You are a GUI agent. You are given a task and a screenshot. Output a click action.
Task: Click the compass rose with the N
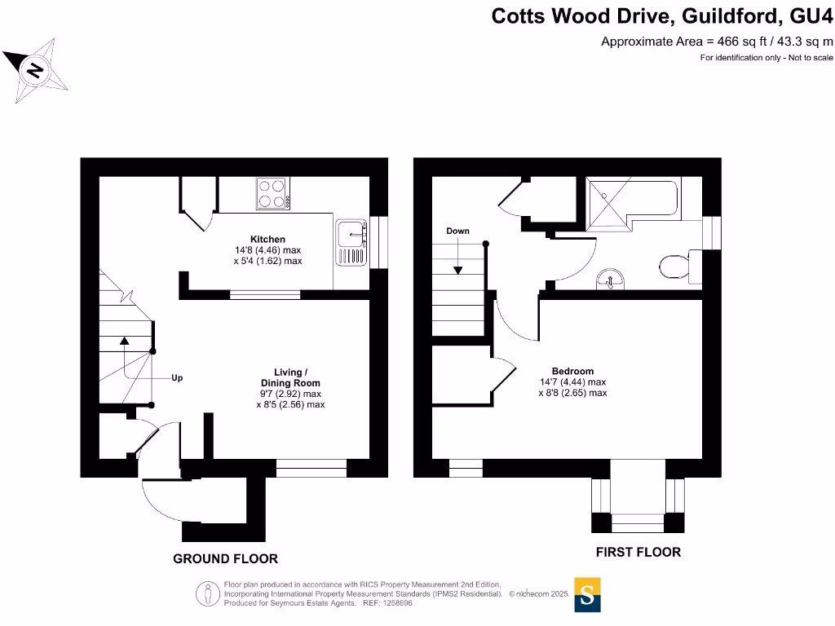pos(35,72)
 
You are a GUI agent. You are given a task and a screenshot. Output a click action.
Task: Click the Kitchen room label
pos(267,239)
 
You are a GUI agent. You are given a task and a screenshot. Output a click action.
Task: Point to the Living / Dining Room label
pos(290,377)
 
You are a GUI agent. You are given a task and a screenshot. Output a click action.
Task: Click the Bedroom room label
pos(572,371)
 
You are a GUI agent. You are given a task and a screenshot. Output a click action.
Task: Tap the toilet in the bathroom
pos(675,265)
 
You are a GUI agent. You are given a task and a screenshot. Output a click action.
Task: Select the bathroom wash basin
pos(611,280)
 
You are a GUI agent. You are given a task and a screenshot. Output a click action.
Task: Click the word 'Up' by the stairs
pos(177,378)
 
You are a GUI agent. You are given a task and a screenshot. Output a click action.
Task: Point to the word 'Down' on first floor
pos(457,231)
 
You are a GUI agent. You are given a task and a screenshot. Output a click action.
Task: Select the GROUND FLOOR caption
pos(225,559)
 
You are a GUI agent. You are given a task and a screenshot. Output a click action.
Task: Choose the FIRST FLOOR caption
pos(638,553)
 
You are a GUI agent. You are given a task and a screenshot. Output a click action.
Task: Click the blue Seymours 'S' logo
pos(587,594)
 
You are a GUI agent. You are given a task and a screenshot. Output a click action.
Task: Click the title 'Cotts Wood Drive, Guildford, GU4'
pos(662,15)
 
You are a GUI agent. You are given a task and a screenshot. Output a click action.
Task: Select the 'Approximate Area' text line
pos(717,42)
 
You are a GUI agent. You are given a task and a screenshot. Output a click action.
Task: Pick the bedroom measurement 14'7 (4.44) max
pos(572,381)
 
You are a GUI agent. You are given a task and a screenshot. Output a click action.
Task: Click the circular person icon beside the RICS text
pos(206,594)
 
